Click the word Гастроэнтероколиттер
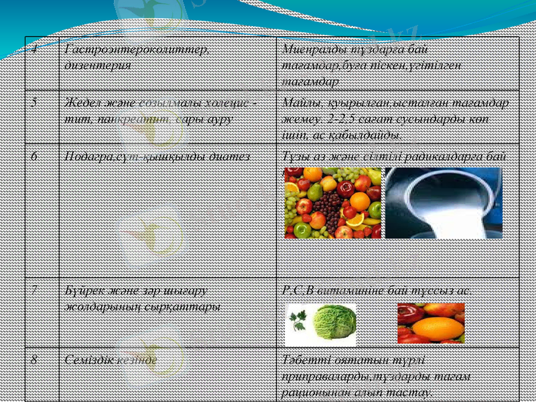point(137,50)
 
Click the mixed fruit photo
point(333,202)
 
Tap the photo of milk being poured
point(444,202)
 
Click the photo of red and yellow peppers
point(431,322)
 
